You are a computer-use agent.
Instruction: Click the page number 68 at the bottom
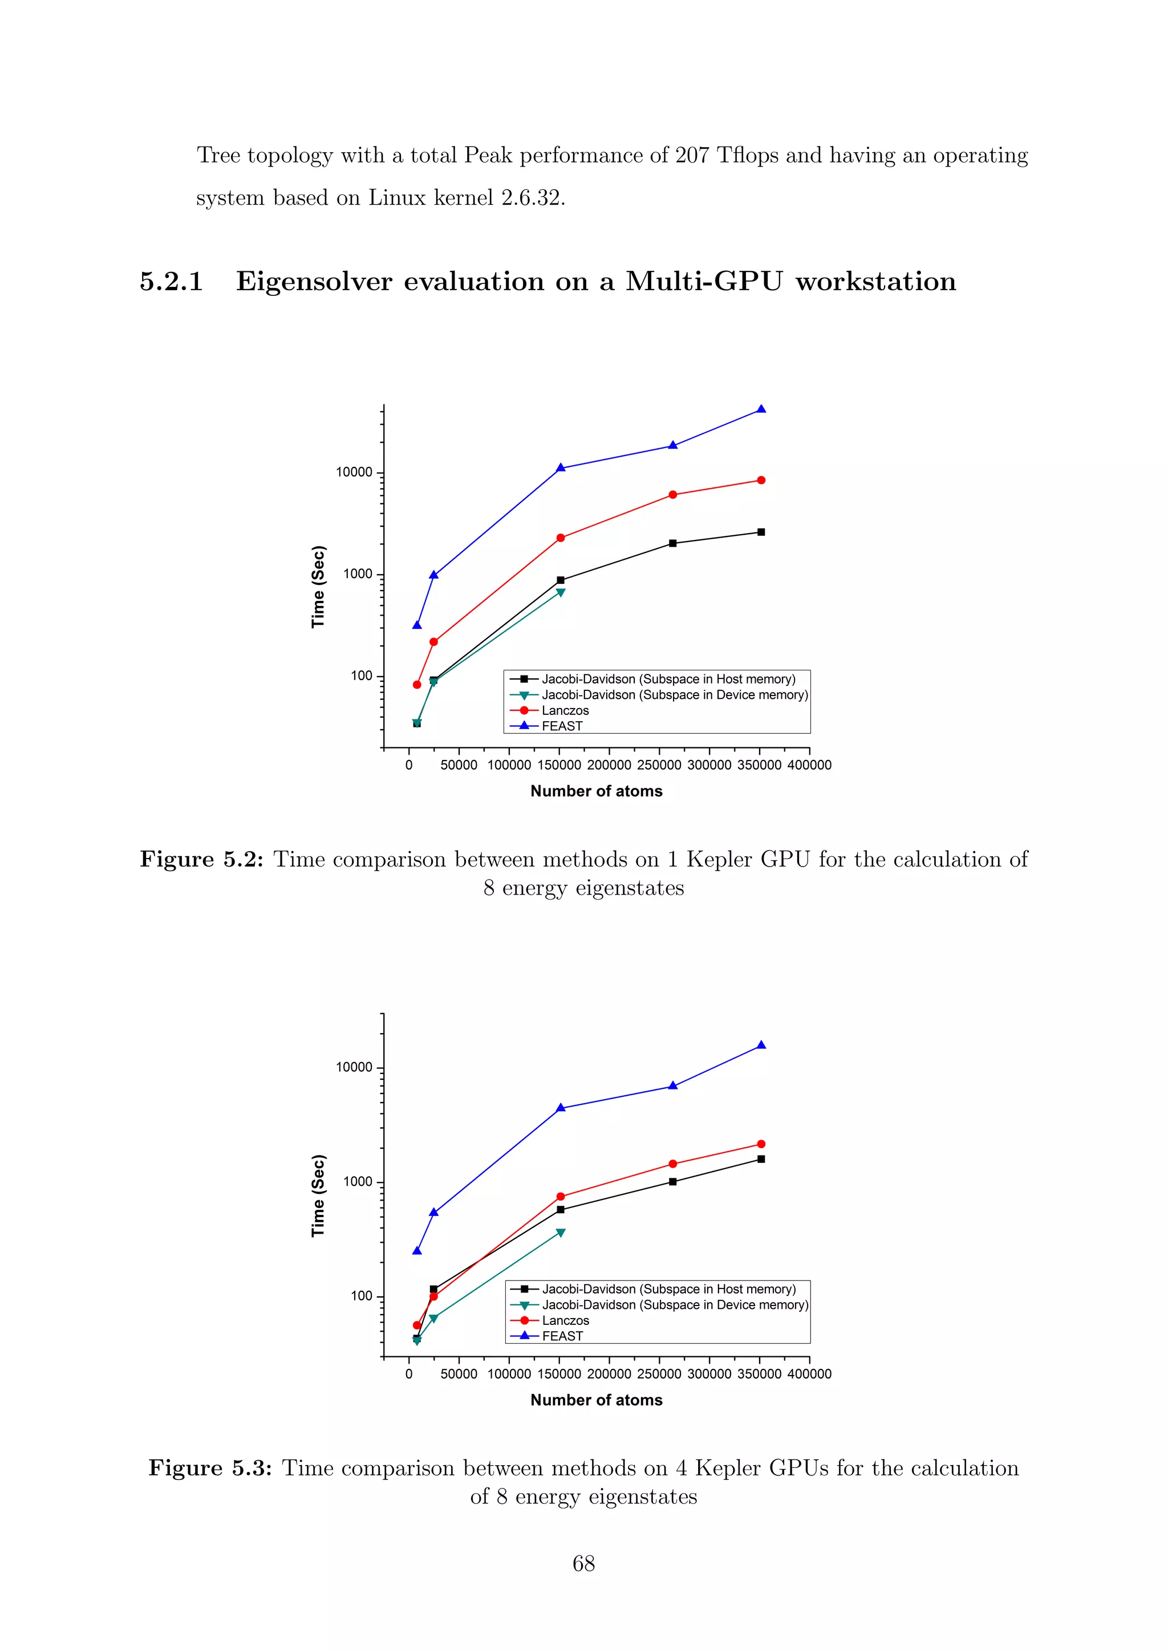point(583,1563)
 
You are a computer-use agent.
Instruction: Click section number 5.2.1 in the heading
point(171,281)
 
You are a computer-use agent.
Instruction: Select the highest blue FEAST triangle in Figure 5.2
point(761,410)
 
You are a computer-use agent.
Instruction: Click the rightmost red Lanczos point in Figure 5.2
point(761,481)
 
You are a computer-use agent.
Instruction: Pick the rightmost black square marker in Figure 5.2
point(761,532)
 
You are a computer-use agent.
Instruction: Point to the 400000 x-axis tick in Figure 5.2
point(809,765)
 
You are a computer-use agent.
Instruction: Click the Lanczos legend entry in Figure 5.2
point(565,710)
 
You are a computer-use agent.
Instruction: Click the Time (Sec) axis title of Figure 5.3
point(318,1196)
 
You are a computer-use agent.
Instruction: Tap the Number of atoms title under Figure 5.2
point(596,791)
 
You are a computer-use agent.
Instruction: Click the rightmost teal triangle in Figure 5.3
point(560,1233)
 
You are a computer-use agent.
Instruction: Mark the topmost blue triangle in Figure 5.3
point(761,1046)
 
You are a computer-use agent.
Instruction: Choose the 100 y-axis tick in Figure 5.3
point(361,1296)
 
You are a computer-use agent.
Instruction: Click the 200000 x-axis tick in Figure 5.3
point(609,1373)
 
